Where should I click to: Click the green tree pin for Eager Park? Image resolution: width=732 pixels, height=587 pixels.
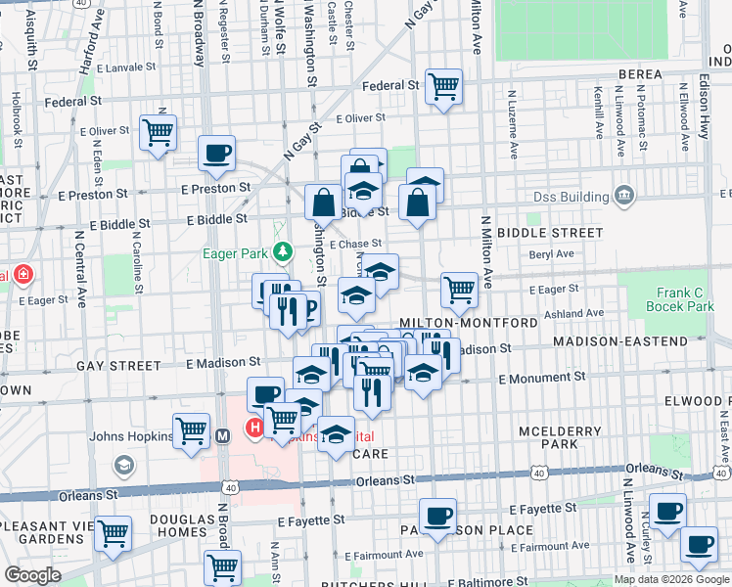pyautogui.click(x=283, y=253)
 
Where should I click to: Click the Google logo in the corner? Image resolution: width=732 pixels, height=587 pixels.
pyautogui.click(x=32, y=575)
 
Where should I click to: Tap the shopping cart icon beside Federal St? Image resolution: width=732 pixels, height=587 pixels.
pyautogui.click(x=444, y=88)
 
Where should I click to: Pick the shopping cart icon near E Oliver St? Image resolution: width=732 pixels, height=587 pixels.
pyautogui.click(x=158, y=131)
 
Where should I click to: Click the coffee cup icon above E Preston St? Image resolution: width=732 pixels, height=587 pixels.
pyautogui.click(x=216, y=153)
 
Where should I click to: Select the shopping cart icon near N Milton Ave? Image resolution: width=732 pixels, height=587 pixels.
pyautogui.click(x=459, y=290)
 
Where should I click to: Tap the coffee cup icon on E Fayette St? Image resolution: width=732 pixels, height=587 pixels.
pyautogui.click(x=437, y=515)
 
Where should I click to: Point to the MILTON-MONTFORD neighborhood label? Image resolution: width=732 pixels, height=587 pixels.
pyautogui.click(x=468, y=323)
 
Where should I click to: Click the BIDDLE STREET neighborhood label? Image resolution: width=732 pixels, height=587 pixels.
pyautogui.click(x=550, y=233)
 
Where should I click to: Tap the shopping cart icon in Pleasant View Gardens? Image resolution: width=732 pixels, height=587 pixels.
pyautogui.click(x=114, y=534)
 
